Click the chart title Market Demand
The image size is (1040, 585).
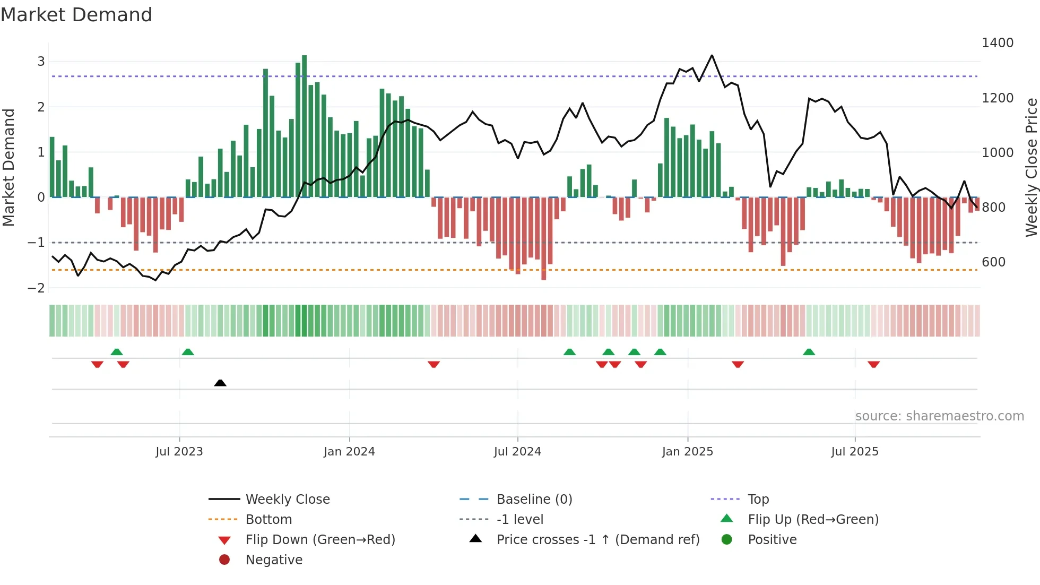click(x=76, y=15)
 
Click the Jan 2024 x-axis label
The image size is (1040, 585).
click(x=349, y=452)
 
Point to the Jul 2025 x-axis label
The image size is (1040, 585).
click(x=854, y=452)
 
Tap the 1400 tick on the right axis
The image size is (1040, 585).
click(x=997, y=43)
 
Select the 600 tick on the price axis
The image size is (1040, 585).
click(x=993, y=262)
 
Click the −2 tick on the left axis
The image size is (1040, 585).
click(x=36, y=288)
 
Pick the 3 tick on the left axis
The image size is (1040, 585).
click(x=41, y=62)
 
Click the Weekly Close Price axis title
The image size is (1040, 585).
click(x=1031, y=167)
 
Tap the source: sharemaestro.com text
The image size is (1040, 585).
click(x=939, y=416)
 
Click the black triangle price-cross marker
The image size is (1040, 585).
click(x=220, y=383)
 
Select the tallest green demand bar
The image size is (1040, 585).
click(x=304, y=126)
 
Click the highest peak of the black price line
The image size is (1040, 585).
click(x=712, y=55)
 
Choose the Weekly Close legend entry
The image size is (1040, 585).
click(x=287, y=500)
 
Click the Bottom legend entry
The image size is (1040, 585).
click(x=268, y=520)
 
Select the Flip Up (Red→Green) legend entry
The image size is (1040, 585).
click(x=813, y=520)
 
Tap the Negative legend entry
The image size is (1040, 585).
click(x=274, y=560)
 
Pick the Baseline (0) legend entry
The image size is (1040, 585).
click(x=534, y=500)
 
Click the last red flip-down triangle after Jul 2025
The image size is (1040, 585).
click(x=873, y=364)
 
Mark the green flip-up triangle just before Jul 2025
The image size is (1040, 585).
click(x=809, y=352)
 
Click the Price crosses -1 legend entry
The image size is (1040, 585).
click(x=597, y=540)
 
